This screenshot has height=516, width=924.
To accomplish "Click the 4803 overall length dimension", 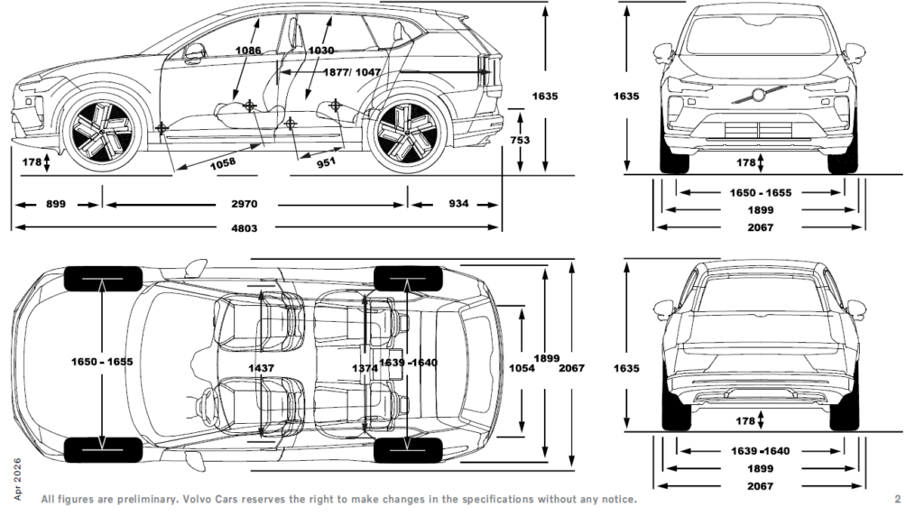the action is click(244, 228).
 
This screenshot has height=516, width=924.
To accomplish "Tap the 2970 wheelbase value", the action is click(244, 204).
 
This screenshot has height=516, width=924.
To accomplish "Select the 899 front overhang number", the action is click(56, 204).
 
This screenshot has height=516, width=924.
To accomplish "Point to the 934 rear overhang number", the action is click(458, 203).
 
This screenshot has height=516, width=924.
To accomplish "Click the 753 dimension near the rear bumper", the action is click(520, 140).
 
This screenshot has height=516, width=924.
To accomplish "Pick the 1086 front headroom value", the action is click(248, 51).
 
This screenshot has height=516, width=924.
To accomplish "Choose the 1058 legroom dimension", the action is click(223, 163).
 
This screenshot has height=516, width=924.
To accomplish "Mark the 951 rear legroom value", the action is click(326, 162).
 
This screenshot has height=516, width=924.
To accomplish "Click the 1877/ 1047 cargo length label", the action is click(352, 72).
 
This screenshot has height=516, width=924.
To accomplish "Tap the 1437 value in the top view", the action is click(261, 368).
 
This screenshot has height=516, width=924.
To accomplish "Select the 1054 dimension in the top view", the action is click(522, 368).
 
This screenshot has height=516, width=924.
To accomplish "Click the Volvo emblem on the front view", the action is click(758, 94).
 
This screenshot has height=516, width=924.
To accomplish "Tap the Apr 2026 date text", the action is click(17, 479).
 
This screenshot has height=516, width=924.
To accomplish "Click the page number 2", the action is click(898, 499).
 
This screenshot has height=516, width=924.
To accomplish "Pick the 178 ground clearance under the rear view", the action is click(745, 420).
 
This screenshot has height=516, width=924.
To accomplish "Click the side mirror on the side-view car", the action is click(195, 52).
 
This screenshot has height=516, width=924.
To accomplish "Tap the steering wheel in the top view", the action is click(207, 407).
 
